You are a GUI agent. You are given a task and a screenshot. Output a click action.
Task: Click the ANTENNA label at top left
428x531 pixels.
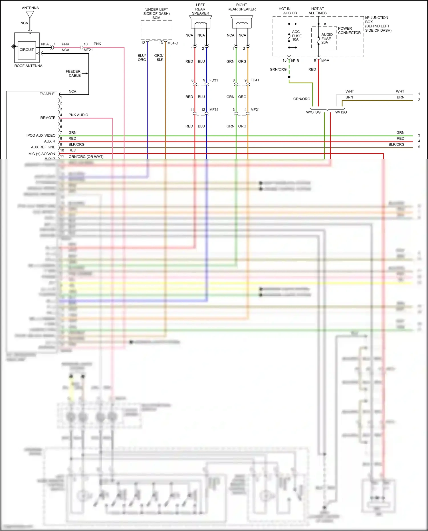30,8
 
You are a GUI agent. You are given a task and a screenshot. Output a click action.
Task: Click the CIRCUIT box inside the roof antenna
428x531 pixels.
27,50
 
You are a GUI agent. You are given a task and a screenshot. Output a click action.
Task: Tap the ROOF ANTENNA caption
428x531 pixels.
28,66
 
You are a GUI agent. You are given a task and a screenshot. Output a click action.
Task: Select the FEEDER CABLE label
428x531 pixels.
74,73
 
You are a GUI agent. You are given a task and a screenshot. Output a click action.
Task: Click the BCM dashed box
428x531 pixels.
156,30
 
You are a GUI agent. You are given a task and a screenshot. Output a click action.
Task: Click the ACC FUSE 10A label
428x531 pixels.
296,36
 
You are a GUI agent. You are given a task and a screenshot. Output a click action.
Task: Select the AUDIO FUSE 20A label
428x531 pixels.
326,39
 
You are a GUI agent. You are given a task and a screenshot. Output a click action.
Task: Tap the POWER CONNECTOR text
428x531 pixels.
349,31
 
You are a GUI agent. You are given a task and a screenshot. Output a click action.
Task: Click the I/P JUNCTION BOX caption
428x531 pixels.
378,24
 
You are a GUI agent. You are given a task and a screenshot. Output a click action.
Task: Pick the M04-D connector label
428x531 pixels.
173,43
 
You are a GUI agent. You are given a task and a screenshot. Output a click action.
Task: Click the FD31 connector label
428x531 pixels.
213,80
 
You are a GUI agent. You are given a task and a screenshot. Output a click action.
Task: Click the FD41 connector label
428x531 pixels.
255,80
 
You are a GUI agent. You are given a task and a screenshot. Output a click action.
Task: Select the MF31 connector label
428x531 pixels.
214,110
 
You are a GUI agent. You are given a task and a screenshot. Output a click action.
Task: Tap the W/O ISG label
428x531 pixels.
313,112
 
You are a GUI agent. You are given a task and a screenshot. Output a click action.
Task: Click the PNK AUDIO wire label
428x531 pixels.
78,115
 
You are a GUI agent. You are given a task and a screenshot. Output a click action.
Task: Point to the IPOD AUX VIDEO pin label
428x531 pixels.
41,136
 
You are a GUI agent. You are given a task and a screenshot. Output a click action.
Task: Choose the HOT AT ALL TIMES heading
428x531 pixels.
317,11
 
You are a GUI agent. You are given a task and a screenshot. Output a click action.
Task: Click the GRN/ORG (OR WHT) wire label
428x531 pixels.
86,157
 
